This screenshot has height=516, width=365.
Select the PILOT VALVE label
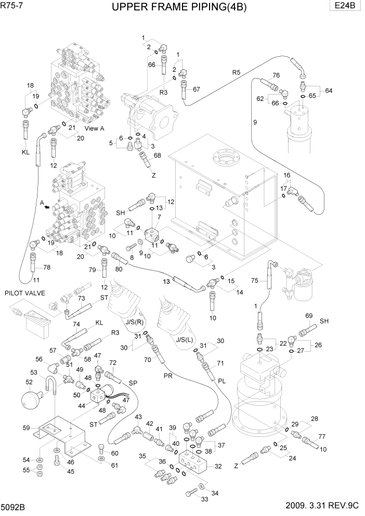click(24, 293)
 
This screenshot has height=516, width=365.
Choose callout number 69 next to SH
click(308, 316)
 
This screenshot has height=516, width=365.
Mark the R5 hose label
click(237, 73)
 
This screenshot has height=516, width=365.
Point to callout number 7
click(160, 216)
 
